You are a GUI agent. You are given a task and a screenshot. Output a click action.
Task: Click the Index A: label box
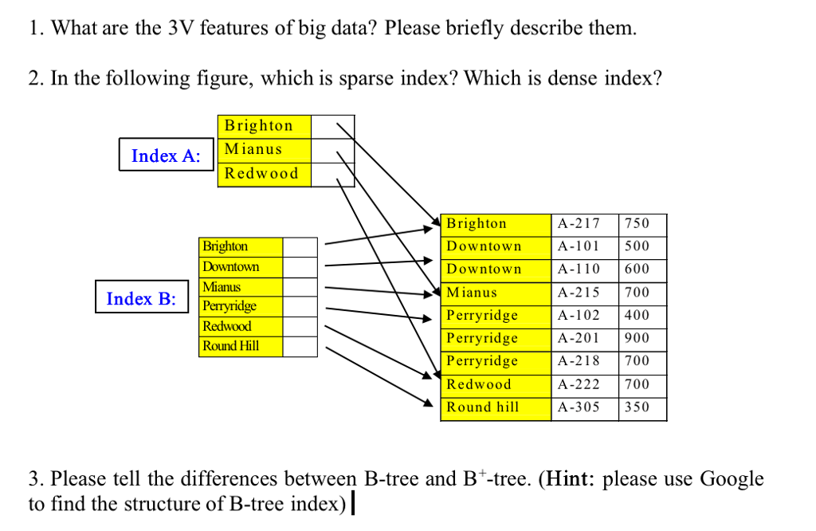click(167, 155)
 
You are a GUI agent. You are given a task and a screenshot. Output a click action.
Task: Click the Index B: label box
click(142, 298)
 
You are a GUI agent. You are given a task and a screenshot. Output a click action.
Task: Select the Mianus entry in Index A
click(263, 149)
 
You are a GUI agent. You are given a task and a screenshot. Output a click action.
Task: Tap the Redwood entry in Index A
click(263, 174)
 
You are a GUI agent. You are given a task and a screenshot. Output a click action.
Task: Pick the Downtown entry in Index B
click(241, 266)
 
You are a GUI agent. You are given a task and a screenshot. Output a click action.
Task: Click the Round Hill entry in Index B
click(241, 346)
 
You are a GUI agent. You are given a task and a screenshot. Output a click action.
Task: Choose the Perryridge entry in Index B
click(241, 306)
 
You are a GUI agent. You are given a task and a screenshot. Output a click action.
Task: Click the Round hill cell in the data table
click(495, 407)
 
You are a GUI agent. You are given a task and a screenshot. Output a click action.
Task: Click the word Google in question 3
click(732, 479)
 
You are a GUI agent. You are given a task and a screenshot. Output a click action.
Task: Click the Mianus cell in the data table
click(495, 293)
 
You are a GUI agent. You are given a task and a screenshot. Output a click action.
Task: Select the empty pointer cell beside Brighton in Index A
click(332, 126)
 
